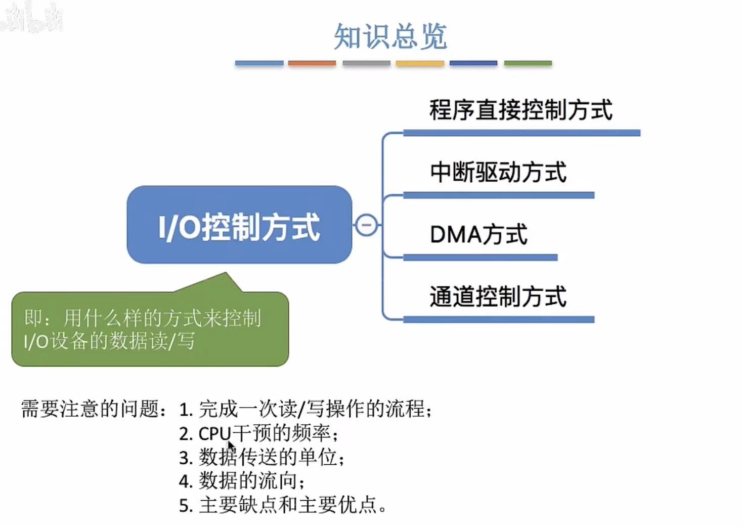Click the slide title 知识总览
coord(390,36)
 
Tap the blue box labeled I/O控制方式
coord(239,225)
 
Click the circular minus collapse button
coord(366,225)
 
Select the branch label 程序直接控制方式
coord(520,110)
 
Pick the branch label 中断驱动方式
coord(498,172)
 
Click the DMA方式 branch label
coord(478,235)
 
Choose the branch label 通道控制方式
coord(498,297)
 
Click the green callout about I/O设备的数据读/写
coord(150,329)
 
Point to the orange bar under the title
coord(312,63)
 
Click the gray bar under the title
coord(366,63)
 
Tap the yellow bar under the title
coord(420,63)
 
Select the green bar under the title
coord(528,63)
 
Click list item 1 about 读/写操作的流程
coord(305,409)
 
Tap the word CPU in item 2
coord(214,434)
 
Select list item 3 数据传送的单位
coord(262,457)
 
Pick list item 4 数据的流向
coord(242,481)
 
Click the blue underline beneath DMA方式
coord(480,258)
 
